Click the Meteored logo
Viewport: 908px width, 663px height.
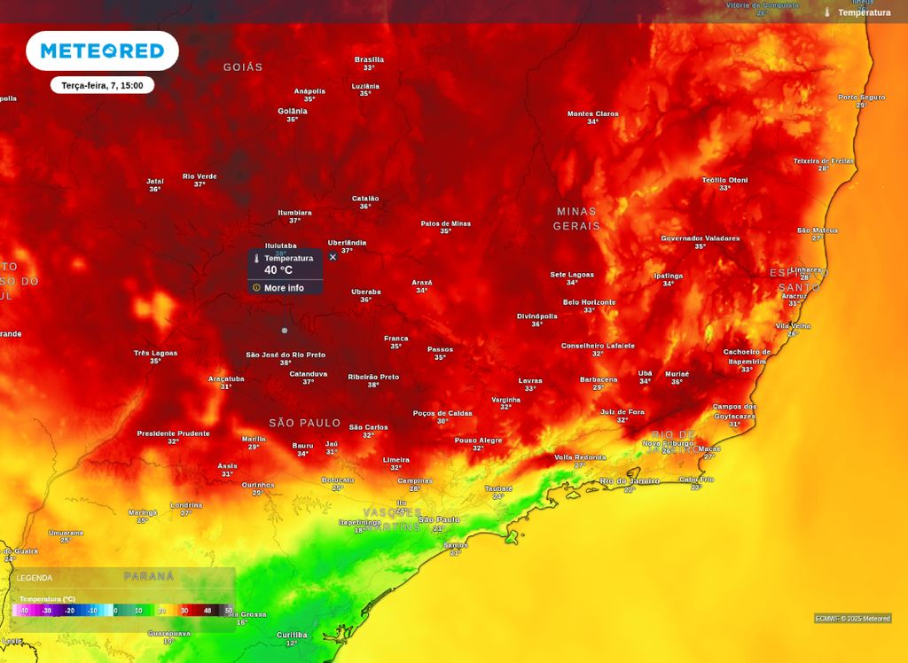click(102, 51)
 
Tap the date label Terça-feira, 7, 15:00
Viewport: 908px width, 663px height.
click(102, 85)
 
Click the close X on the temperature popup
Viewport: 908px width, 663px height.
click(333, 257)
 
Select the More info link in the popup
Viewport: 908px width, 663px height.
click(283, 288)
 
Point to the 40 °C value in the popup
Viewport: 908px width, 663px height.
click(278, 270)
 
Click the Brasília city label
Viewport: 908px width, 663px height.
click(369, 60)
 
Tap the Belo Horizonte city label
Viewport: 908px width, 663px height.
click(589, 302)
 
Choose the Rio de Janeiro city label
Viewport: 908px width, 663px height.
click(630, 480)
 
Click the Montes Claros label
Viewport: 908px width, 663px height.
click(592, 113)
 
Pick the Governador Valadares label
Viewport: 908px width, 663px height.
click(700, 238)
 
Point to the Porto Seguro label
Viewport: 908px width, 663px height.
click(861, 97)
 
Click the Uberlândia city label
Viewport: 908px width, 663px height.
click(347, 243)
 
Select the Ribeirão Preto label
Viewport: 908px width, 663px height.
click(373, 377)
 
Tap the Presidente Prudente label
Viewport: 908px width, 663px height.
click(173, 433)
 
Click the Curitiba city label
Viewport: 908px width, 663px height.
click(292, 635)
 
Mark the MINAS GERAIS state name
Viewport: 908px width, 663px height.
click(576, 219)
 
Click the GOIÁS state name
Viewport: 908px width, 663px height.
click(243, 67)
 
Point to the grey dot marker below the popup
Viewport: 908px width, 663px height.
click(285, 331)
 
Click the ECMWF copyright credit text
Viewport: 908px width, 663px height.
click(852, 619)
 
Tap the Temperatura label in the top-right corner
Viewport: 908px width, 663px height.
click(864, 12)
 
